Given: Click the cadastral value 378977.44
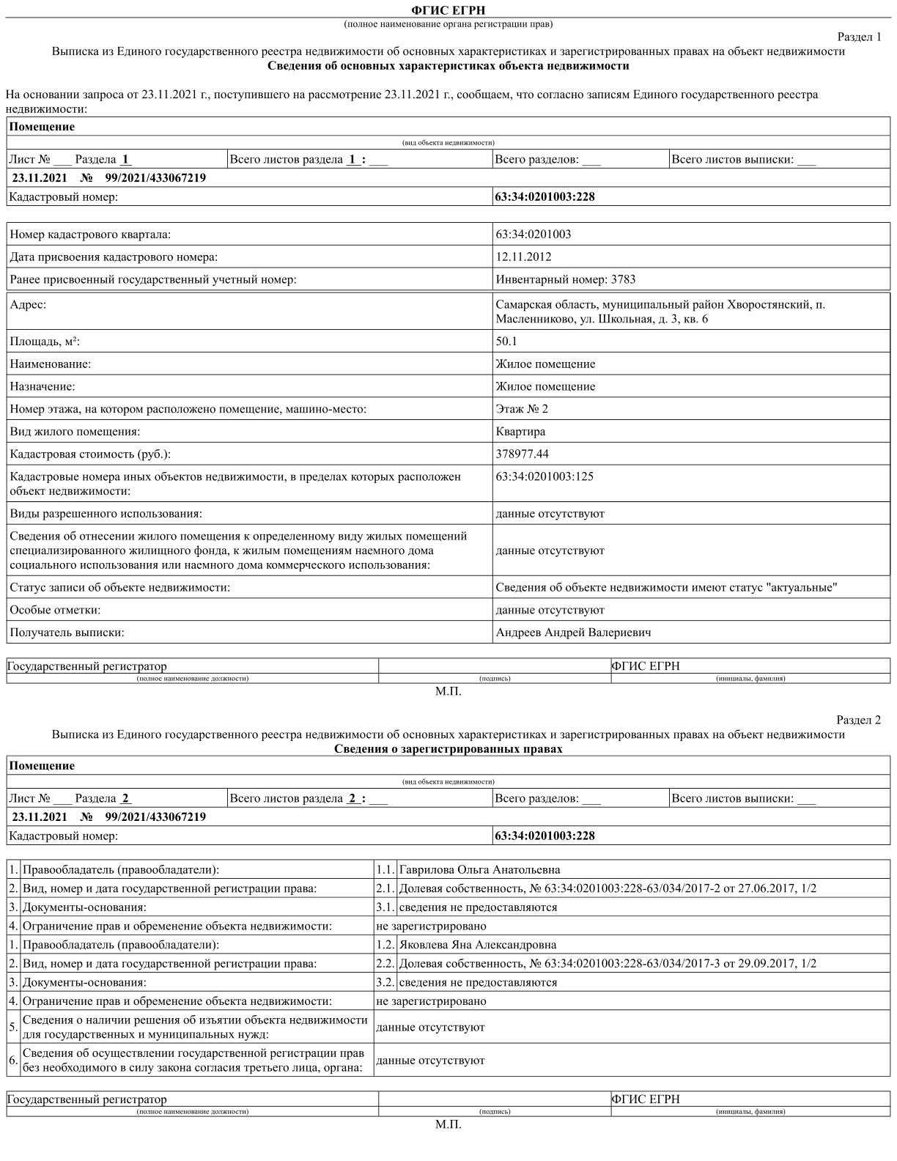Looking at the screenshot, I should coord(522,454).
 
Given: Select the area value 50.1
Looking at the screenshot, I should coord(506,341).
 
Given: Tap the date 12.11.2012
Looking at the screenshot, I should coord(523,257).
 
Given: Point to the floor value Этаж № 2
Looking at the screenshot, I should coord(521,408).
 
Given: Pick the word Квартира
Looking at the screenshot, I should coord(520,431).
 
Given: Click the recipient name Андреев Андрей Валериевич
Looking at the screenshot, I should coord(572,632).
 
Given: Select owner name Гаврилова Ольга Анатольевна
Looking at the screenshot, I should coord(479,869).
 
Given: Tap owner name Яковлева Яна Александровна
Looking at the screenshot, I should coord(477,944).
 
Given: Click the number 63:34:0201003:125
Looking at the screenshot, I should coord(545,476).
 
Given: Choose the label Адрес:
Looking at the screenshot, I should coord(28,304).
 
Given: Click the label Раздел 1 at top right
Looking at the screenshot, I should coord(859,37).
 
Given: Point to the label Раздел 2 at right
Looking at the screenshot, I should coord(858,720).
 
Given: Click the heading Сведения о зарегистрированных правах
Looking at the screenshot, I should coord(448,748).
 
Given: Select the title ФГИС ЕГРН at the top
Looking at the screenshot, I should coord(448,10).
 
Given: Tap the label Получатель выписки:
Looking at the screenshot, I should coord(67,632).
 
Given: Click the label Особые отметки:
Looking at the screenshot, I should coord(55,609).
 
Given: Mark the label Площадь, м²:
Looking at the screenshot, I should coord(45,341).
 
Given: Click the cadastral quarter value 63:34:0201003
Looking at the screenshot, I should coord(533,234).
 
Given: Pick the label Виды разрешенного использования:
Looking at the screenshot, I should coord(106,513).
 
